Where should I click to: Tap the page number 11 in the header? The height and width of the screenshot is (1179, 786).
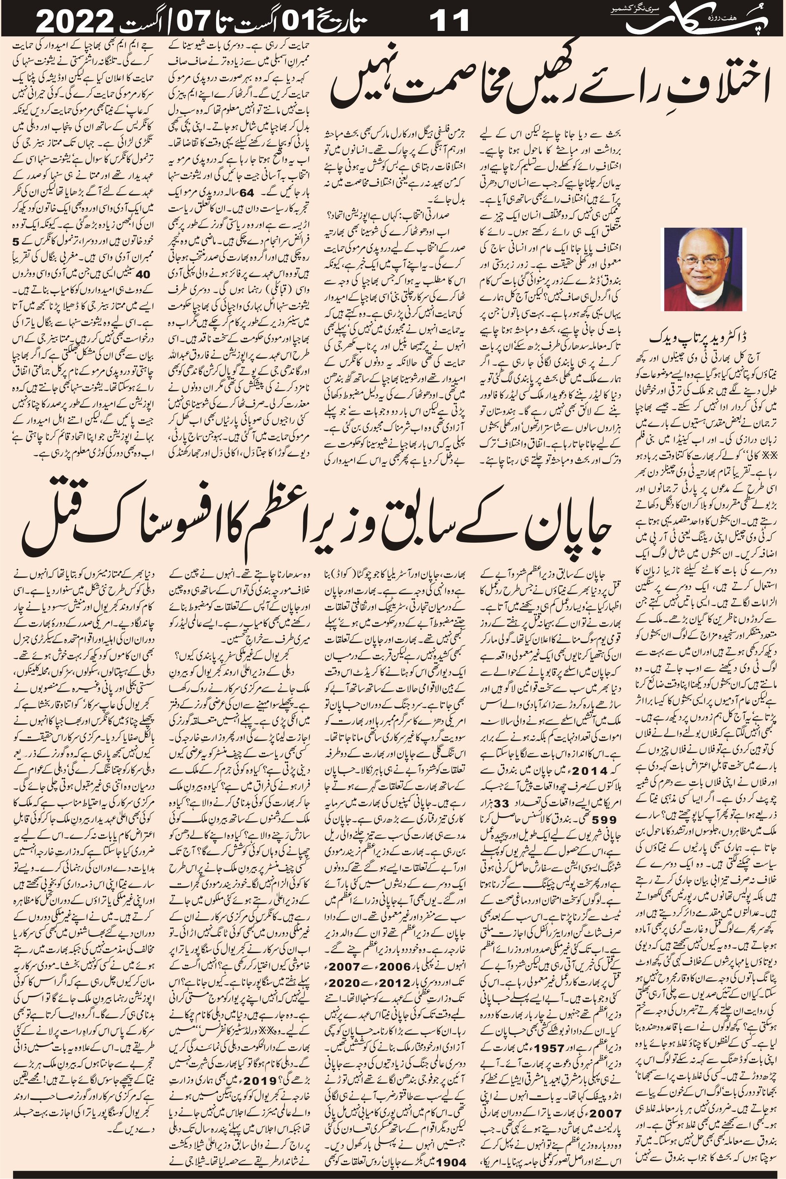coord(449,21)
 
